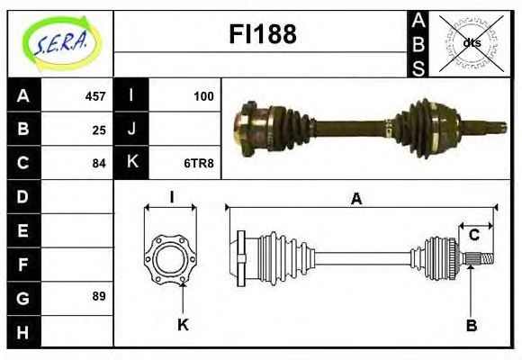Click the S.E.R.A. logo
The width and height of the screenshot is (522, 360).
click(60, 41)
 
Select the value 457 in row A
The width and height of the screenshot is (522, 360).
click(95, 95)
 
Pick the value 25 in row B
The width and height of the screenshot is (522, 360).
click(99, 129)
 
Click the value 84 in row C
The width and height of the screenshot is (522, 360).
click(99, 163)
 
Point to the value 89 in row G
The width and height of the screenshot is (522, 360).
click(99, 295)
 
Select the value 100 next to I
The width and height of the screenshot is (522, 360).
click(203, 95)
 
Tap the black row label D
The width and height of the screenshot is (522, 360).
click(22, 195)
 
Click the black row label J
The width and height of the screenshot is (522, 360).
click(131, 129)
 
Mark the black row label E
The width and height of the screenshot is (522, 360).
click(22, 229)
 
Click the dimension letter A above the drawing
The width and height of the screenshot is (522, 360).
click(357, 199)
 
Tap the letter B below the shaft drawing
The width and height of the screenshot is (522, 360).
click(470, 324)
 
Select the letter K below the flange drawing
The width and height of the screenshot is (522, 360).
click(183, 324)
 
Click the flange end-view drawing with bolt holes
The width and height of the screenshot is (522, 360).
click(170, 259)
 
